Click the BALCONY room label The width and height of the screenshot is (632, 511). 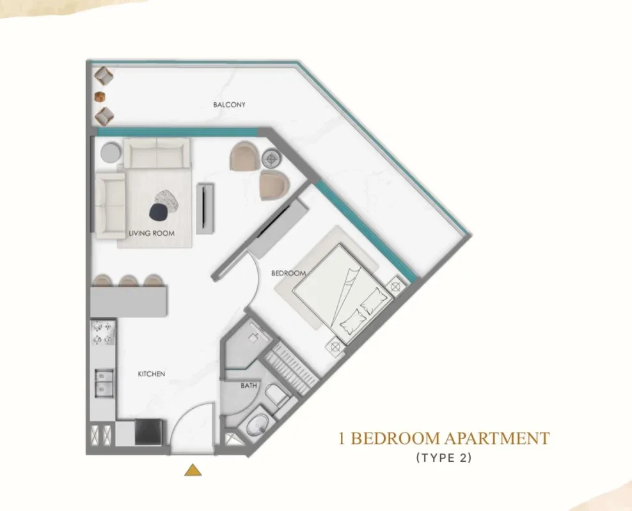point(229,105)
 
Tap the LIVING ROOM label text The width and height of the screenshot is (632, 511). point(152,233)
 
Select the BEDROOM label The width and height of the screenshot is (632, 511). point(288,273)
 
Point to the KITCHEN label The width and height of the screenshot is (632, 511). point(152,374)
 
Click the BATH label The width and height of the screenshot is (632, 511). point(249,385)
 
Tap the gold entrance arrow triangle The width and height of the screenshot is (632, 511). point(193,469)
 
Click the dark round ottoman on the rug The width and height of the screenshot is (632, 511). point(158,212)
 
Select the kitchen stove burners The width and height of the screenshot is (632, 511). point(103,333)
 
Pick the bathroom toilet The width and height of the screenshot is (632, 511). point(277,395)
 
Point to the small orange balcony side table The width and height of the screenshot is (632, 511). point(100,96)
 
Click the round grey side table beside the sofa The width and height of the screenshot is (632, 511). point(111,153)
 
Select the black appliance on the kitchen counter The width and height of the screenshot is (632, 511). point(148,432)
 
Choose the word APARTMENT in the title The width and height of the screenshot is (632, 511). point(497,438)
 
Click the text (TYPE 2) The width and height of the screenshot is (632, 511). point(444,457)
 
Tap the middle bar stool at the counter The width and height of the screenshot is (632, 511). point(129,280)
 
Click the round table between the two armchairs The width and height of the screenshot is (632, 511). point(271,158)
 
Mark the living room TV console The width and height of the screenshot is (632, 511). point(205,208)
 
